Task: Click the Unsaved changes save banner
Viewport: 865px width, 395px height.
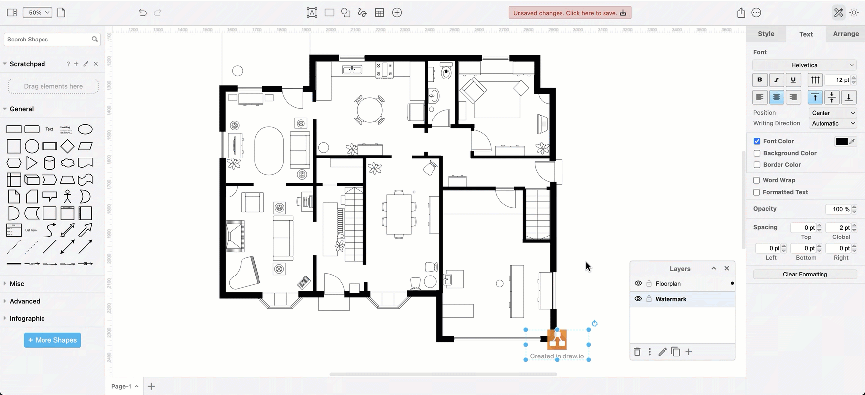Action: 569,13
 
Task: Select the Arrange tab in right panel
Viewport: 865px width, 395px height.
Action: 845,34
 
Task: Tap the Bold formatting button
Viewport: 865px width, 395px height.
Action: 760,79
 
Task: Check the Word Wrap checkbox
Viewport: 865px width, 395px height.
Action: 757,180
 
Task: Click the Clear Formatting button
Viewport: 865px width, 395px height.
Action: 805,274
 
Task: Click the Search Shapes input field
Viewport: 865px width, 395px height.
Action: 48,39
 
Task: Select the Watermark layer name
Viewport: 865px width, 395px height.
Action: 671,299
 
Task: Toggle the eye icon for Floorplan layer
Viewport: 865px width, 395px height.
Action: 638,284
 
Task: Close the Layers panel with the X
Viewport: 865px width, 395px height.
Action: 727,268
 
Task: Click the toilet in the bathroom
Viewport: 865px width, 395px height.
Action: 446,73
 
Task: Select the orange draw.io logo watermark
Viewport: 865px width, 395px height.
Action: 557,340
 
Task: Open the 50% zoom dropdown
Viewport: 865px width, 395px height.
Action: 38,13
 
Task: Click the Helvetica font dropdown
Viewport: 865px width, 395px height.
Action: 804,65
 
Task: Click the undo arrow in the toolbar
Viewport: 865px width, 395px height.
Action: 143,13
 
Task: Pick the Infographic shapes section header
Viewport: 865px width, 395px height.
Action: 27,318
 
